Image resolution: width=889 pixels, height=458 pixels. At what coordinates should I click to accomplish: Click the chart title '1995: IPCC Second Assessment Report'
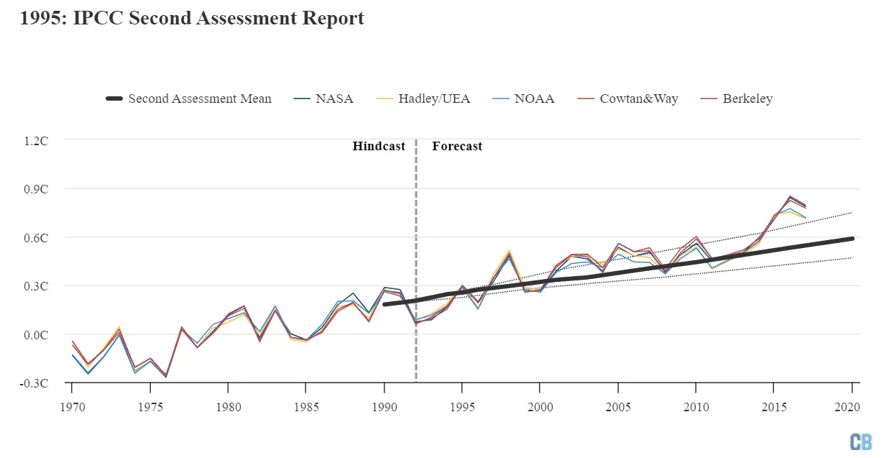[192, 19]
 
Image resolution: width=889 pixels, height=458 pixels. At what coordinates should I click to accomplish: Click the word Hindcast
[379, 146]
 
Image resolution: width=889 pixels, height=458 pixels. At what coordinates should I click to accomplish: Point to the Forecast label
[457, 146]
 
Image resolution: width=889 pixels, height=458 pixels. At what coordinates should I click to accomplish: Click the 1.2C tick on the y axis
[36, 140]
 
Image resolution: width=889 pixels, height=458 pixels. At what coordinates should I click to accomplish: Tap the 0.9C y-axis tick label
[36, 188]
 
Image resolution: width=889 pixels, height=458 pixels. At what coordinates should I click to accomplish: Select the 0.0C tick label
[36, 334]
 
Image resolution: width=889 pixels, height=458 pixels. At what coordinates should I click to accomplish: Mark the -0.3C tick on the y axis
[34, 383]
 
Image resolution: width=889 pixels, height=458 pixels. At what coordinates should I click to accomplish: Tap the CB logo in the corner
[860, 441]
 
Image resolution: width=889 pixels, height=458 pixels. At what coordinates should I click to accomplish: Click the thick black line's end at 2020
[852, 238]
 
